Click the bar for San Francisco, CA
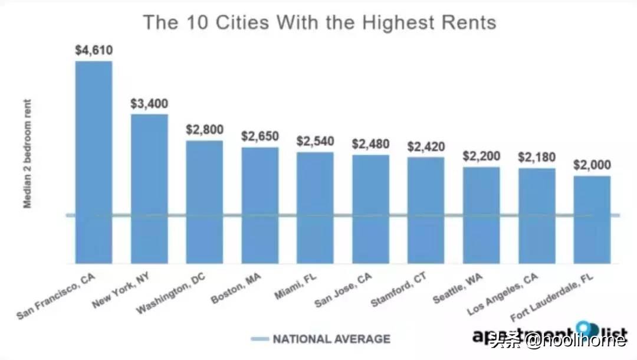pyautogui.click(x=93, y=162)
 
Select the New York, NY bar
pyautogui.click(x=149, y=189)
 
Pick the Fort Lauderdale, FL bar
pyautogui.click(x=592, y=220)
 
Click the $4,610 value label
pyautogui.click(x=93, y=50)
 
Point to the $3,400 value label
pyautogui.click(x=149, y=104)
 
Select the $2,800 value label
pyautogui.click(x=204, y=130)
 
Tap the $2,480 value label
pyautogui.click(x=370, y=144)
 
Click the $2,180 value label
pyautogui.click(x=537, y=158)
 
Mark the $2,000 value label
pyautogui.click(x=592, y=165)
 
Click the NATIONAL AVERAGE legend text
pyautogui.click(x=331, y=339)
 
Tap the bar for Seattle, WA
pyautogui.click(x=481, y=215)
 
